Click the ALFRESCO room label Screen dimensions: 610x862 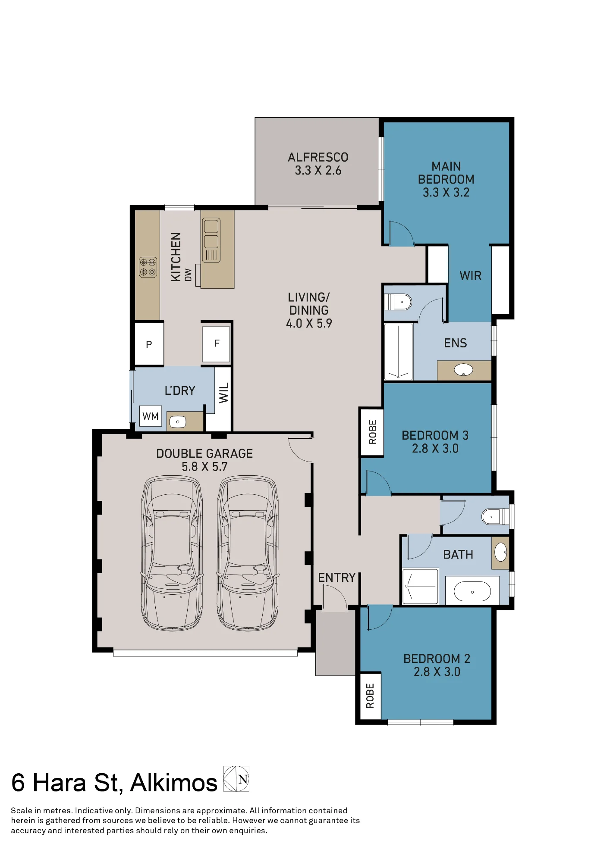318,157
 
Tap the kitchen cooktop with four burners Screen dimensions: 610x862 148,267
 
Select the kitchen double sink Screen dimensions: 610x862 211,240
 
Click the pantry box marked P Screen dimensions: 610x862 149,344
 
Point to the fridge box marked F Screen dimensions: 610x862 217,344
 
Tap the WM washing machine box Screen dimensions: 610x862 151,416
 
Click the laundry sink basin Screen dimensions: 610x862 177,422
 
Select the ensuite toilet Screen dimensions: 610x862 398,302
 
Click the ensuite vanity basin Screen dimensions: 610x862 463,370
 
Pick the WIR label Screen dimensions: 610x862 471,276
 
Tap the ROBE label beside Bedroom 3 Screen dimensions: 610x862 373,432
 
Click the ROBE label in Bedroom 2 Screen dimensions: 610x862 370,696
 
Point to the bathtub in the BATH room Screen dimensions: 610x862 472,591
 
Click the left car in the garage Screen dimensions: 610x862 172,553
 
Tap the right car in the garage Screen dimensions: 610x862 248,553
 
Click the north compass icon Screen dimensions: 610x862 236,779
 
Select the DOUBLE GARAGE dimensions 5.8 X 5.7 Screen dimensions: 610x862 204,467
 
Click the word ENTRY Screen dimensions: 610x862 337,578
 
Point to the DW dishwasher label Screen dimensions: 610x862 188,275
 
